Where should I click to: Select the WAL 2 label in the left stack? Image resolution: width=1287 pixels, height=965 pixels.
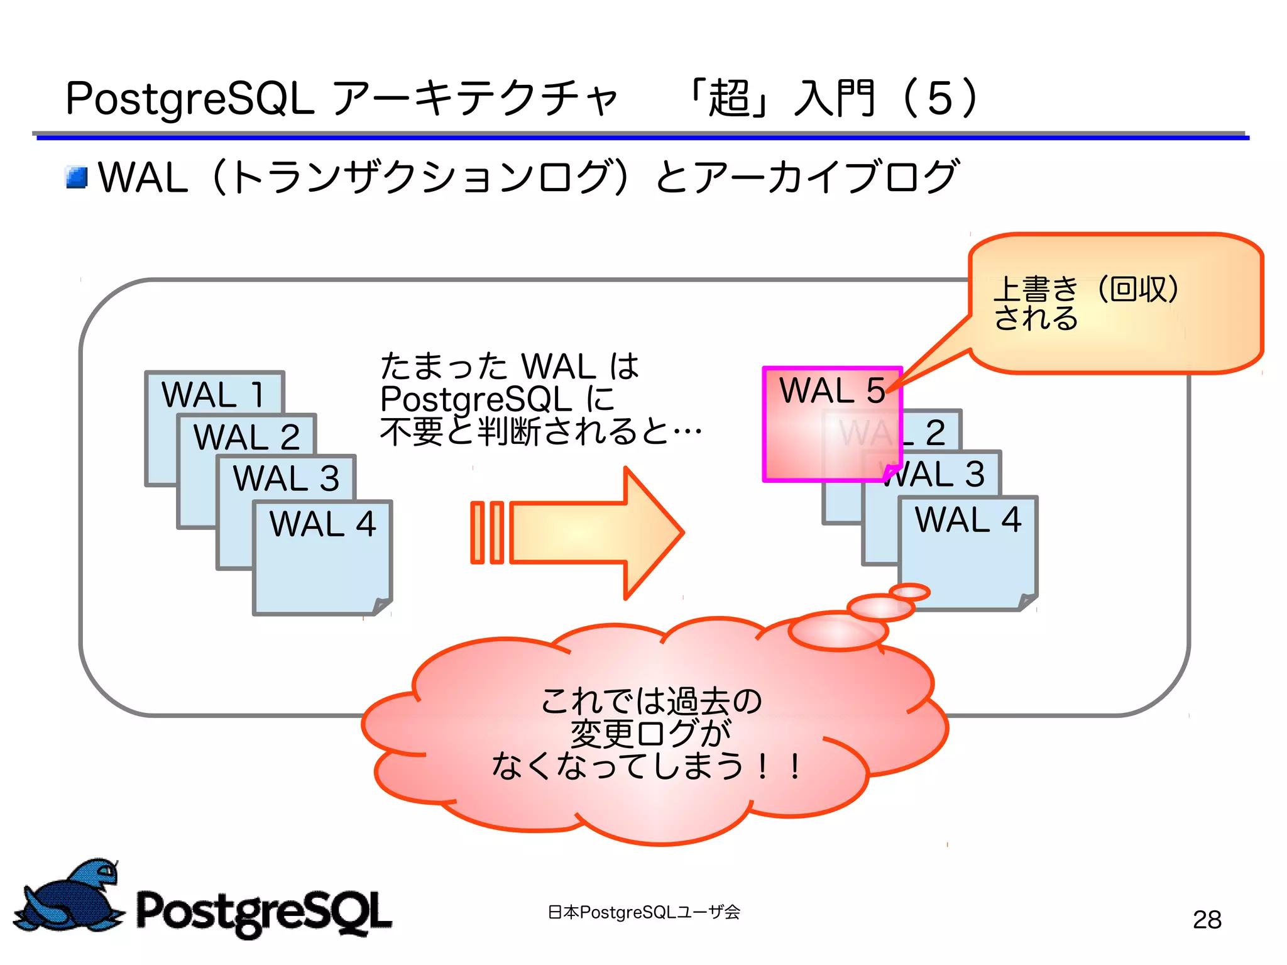point(246,437)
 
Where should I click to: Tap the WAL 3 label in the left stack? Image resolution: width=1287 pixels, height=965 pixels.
point(286,478)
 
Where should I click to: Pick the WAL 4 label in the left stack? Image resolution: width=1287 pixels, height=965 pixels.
point(322,524)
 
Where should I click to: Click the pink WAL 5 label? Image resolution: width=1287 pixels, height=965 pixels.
point(832,390)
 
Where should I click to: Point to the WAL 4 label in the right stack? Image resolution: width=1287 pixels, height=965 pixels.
point(968,520)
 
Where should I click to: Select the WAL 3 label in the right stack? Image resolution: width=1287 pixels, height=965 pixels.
point(936,474)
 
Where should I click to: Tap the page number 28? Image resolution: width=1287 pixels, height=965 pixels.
point(1207,920)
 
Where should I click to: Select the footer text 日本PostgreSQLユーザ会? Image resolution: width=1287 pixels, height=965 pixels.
point(643,912)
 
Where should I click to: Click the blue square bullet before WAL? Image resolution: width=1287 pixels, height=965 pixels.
point(77,177)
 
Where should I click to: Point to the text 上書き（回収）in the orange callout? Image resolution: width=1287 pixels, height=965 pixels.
point(1086,289)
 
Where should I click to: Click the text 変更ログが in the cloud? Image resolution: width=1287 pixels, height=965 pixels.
point(650,733)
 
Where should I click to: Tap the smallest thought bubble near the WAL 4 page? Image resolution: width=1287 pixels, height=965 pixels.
point(909,592)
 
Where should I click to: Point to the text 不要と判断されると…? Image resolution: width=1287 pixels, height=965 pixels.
point(540,432)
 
